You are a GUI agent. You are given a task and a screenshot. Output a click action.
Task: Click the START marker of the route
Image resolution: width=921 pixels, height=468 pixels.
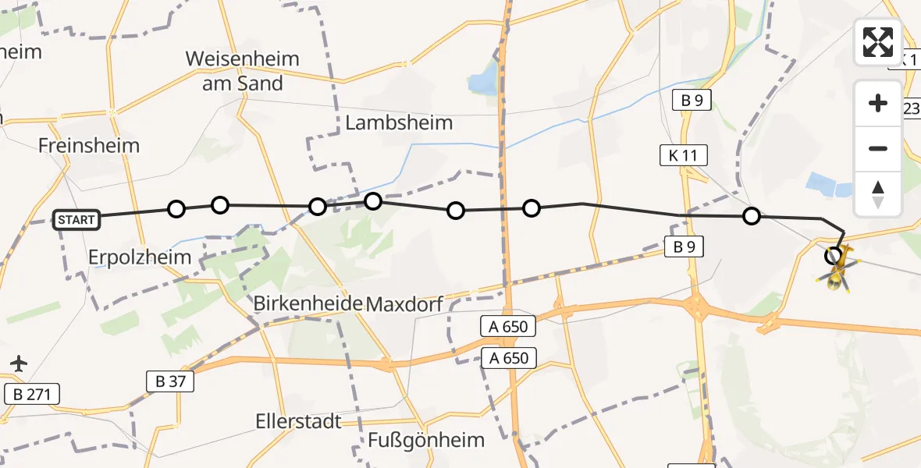[76, 220]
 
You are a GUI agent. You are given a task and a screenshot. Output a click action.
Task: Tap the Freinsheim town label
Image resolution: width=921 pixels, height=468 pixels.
[89, 146]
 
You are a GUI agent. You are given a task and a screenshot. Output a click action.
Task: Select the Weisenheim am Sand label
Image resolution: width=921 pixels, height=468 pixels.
[242, 71]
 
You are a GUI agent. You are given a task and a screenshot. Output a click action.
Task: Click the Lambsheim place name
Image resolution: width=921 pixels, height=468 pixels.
[399, 122]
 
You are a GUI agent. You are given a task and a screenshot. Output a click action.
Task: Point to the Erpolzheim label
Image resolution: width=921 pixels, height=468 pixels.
[140, 257]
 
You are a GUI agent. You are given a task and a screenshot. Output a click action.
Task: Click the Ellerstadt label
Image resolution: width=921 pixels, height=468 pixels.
[299, 421]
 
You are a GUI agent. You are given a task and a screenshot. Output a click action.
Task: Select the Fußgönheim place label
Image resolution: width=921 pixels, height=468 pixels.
[427, 440]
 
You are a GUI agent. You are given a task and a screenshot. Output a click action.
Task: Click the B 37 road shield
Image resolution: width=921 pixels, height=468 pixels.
[169, 381]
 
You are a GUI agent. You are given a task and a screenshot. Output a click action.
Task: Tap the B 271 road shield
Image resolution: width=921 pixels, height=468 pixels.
[32, 394]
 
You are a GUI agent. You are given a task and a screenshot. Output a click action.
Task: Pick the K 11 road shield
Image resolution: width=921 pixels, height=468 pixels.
[683, 155]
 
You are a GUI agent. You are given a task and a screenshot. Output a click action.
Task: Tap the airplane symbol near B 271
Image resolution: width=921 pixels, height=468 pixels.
[19, 363]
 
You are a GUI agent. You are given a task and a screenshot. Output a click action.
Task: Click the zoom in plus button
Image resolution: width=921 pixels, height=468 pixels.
[878, 103]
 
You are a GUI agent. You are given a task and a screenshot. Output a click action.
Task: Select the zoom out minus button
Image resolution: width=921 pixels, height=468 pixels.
[878, 148]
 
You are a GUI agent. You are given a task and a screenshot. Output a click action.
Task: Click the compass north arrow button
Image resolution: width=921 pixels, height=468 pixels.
[878, 193]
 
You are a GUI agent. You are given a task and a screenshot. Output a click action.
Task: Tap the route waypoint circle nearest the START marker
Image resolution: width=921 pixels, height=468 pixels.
[176, 209]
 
